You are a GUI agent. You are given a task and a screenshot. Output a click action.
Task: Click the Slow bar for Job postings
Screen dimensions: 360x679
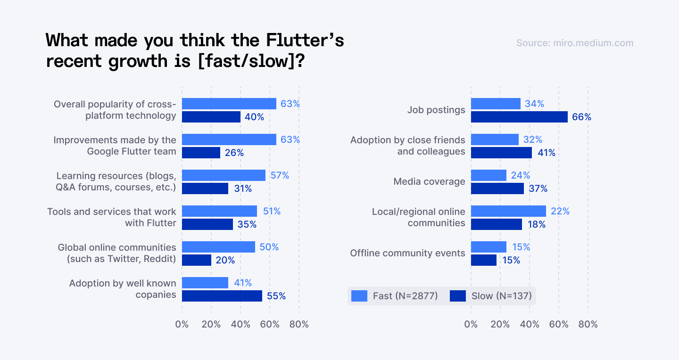tap(519, 117)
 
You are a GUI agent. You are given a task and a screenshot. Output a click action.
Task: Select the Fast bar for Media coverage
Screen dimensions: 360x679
tap(489, 175)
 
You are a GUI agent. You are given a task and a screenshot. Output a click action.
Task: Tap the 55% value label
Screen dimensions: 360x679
tap(276, 296)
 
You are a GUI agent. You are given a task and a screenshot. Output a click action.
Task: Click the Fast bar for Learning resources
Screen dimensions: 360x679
tap(224, 175)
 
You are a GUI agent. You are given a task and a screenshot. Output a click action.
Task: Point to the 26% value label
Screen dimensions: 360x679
tap(234, 153)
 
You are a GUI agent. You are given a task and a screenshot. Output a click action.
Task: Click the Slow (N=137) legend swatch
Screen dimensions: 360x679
tap(457, 296)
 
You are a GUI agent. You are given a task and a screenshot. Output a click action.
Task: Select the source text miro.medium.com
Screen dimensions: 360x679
tap(575, 43)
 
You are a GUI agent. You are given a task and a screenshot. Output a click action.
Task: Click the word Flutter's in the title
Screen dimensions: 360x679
tap(305, 41)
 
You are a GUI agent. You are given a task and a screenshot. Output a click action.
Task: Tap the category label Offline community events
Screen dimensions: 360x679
tap(407, 253)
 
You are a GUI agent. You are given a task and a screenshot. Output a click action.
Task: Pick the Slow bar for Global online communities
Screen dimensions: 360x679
tap(197, 260)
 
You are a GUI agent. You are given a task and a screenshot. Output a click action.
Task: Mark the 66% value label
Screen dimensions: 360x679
tap(581, 117)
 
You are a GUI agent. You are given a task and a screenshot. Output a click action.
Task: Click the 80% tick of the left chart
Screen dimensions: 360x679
tap(299, 324)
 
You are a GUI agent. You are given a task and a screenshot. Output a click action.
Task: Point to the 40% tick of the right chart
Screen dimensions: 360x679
tap(529, 324)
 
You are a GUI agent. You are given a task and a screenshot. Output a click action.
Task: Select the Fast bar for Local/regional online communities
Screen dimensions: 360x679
tap(508, 211)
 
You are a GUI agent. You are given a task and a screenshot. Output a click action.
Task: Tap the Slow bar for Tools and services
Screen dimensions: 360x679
tap(207, 224)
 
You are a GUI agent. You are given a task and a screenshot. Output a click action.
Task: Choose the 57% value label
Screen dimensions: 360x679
tap(280, 175)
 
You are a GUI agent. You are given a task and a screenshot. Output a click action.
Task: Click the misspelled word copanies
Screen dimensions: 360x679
tap(156, 295)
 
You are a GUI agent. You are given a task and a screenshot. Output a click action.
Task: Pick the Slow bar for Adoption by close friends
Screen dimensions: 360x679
tap(501, 153)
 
